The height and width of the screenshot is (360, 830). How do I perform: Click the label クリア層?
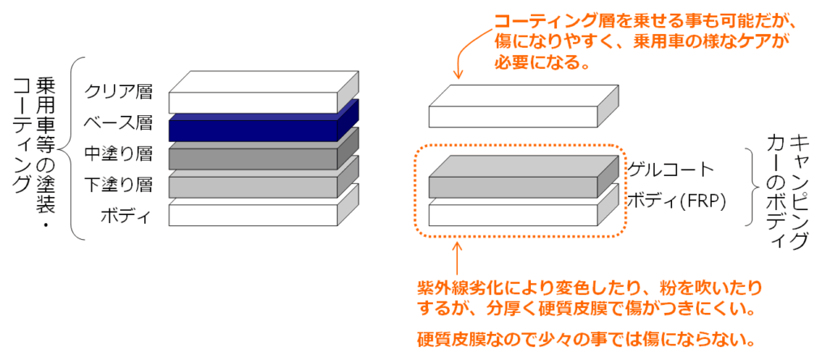[118, 92]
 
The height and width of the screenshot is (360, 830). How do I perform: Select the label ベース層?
[118, 123]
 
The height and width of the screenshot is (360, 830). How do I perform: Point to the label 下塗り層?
[118, 185]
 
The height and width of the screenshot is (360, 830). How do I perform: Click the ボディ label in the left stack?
[126, 216]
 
